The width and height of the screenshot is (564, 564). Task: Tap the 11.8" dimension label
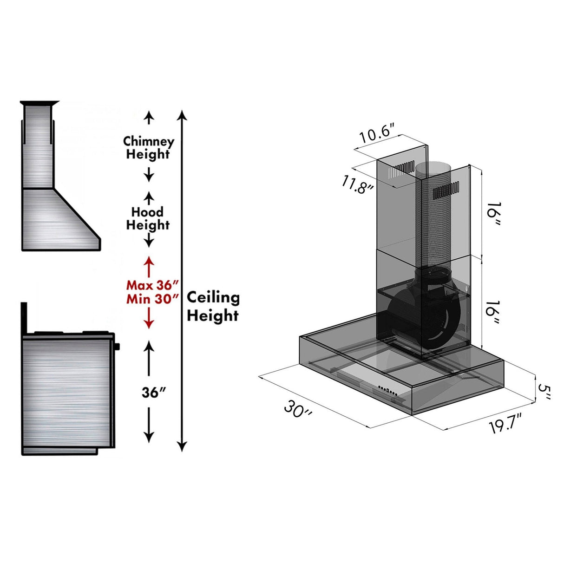pyautogui.click(x=358, y=185)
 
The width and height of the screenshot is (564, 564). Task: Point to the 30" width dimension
pyautogui.click(x=298, y=410)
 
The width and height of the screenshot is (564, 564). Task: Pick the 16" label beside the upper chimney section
pyautogui.click(x=494, y=214)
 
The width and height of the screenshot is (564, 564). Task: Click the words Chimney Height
pyautogui.click(x=148, y=147)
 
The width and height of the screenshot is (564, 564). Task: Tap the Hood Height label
pyautogui.click(x=148, y=218)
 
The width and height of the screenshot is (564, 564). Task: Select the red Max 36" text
pyautogui.click(x=152, y=285)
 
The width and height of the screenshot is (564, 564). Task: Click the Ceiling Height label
pyautogui.click(x=213, y=306)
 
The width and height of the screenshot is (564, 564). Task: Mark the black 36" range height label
pyautogui.click(x=154, y=393)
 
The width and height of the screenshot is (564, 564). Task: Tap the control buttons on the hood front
pyautogui.click(x=387, y=390)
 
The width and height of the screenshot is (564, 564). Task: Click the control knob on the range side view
pyautogui.click(x=117, y=346)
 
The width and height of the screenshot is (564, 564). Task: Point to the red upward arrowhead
pyautogui.click(x=149, y=261)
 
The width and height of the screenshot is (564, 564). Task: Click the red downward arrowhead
pyautogui.click(x=149, y=324)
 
